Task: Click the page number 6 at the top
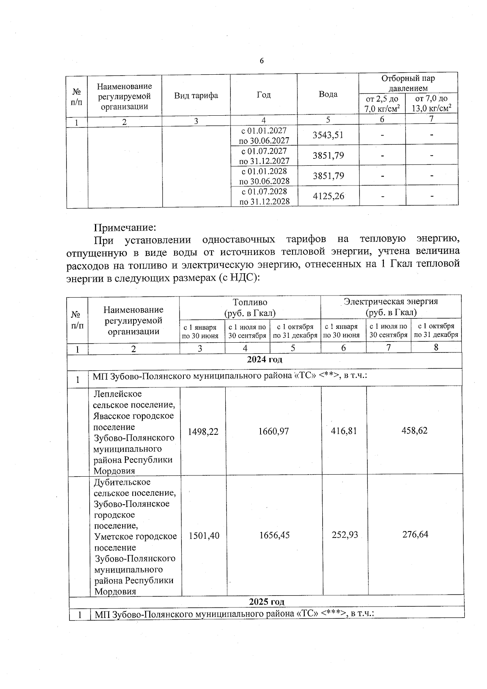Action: tap(261, 61)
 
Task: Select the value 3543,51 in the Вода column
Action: tap(328, 135)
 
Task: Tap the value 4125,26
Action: tap(328, 197)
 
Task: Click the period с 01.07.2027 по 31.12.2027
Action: tap(264, 156)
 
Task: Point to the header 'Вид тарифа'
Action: tap(196, 95)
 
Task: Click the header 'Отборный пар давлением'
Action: tap(408, 83)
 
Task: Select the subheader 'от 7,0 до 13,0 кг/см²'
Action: tap(431, 104)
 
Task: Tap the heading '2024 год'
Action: tap(265, 359)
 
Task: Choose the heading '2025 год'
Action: tap(266, 601)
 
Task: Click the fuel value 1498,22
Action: tap(203, 432)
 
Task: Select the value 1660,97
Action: tap(274, 431)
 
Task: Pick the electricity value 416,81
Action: tap(344, 431)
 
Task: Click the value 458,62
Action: tap(414, 430)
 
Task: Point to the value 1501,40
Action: tap(204, 536)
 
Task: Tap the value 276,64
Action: tap(415, 534)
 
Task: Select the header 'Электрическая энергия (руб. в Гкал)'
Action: tap(391, 307)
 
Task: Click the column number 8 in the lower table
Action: tap(436, 348)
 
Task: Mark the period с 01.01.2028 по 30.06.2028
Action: tap(264, 176)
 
